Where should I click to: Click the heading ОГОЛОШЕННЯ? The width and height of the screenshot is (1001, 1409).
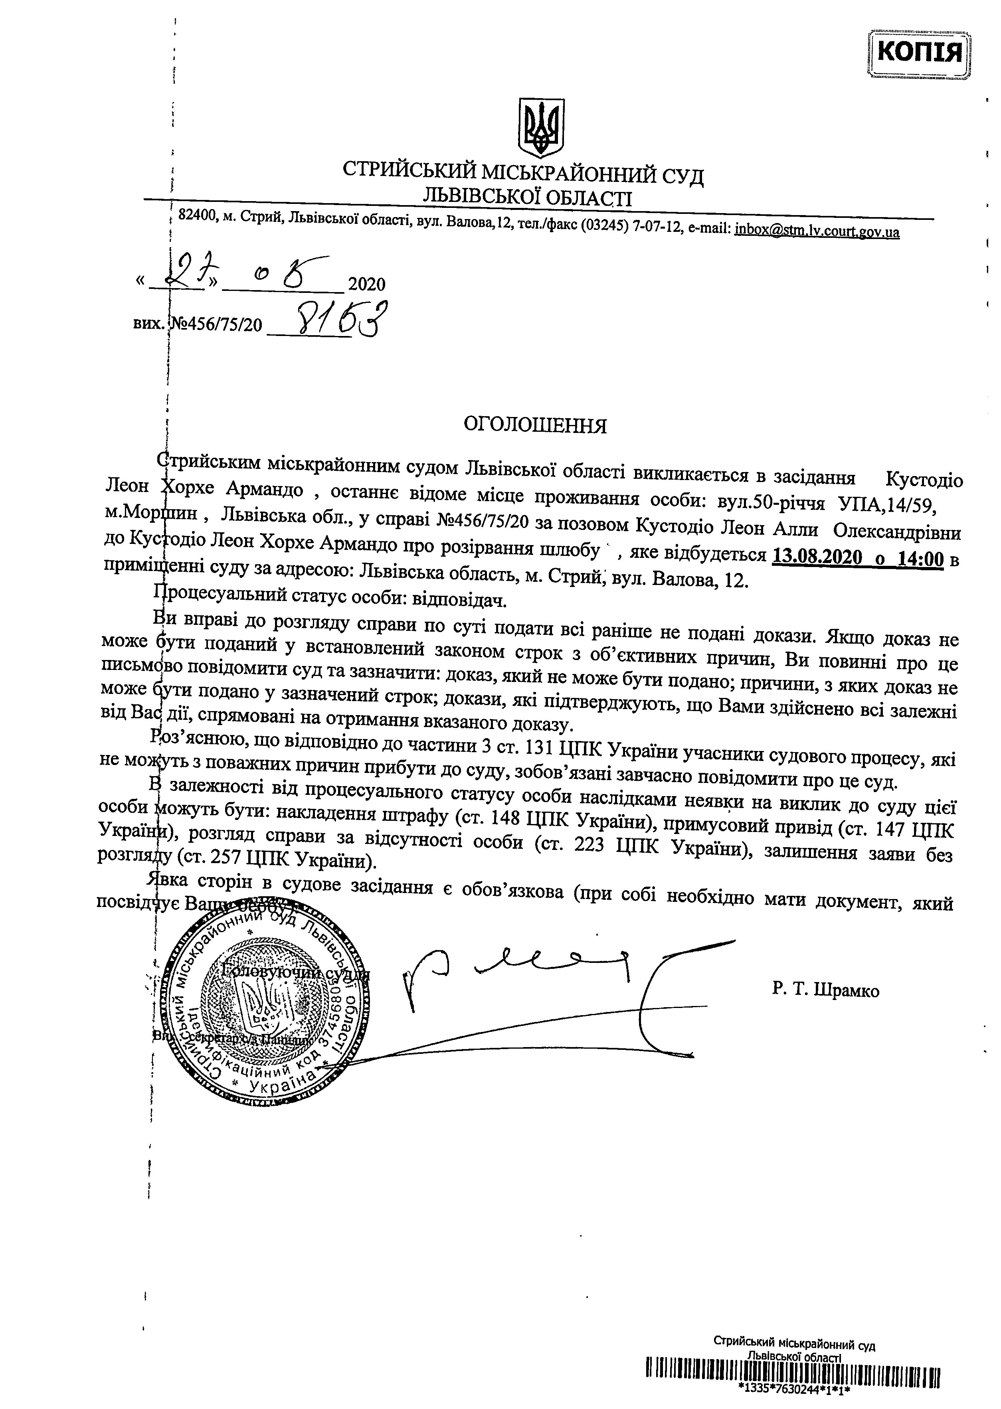pos(535,426)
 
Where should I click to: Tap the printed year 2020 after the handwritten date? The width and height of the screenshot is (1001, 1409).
pos(367,284)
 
